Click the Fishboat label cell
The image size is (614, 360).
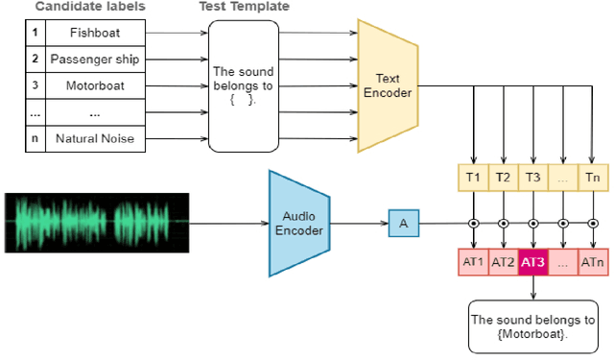(94, 33)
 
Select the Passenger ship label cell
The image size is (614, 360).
(94, 59)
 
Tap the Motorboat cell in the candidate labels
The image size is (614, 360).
(94, 85)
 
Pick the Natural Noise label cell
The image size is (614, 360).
(94, 140)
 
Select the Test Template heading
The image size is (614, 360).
(244, 7)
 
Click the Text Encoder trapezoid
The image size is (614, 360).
(388, 86)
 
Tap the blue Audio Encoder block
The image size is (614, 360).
(298, 223)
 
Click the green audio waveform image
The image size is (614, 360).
(96, 223)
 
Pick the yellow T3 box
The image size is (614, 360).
(532, 178)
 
